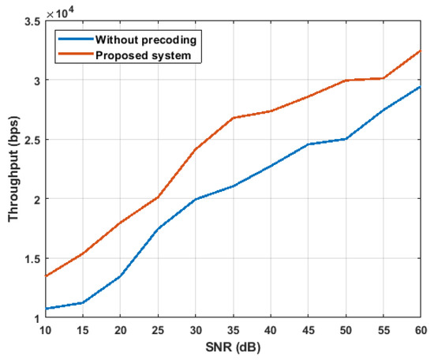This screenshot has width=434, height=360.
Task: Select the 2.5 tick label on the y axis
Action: point(32,140)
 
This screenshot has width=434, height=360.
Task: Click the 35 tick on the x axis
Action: point(234,329)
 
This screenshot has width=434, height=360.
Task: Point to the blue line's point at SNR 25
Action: point(159,229)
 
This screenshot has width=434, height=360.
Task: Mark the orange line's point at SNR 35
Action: point(234,118)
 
